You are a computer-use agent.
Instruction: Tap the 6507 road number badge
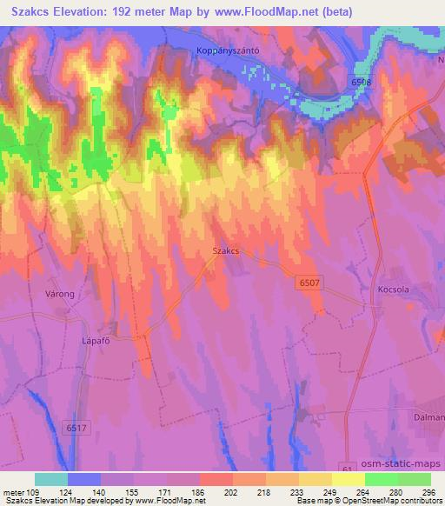coord(309,283)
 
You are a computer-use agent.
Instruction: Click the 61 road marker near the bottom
coord(349,469)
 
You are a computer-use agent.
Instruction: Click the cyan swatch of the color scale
coord(51,479)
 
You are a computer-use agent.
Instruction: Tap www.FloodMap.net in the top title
coord(307,12)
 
